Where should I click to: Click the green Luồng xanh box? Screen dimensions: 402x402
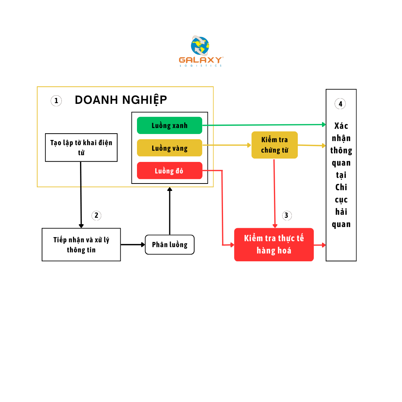click(x=169, y=125)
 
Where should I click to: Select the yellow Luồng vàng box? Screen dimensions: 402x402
click(x=169, y=148)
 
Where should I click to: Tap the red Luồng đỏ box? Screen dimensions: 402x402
click(x=169, y=171)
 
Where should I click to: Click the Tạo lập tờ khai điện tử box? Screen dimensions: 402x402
click(x=81, y=147)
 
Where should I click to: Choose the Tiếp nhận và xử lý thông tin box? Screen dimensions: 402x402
click(x=81, y=245)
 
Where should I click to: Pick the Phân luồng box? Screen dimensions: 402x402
click(x=170, y=245)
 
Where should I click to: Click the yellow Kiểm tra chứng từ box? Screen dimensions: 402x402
click(x=274, y=145)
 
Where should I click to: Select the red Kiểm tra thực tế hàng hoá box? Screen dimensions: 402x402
click(x=274, y=245)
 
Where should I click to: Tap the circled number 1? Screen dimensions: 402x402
click(x=56, y=100)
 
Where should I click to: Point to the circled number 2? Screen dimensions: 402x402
click(x=96, y=215)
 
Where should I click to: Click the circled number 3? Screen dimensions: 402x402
click(x=286, y=215)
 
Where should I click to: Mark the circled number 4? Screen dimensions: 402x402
click(x=340, y=104)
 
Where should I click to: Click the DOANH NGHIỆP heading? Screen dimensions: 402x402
click(x=121, y=100)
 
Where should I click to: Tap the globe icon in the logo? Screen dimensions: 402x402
click(x=200, y=46)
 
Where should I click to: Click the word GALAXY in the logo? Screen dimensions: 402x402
click(x=201, y=60)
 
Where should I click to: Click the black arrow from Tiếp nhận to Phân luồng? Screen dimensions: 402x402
click(x=133, y=245)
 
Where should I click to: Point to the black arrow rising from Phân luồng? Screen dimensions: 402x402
click(x=170, y=210)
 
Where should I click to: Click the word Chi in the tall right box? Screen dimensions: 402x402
click(x=341, y=187)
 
